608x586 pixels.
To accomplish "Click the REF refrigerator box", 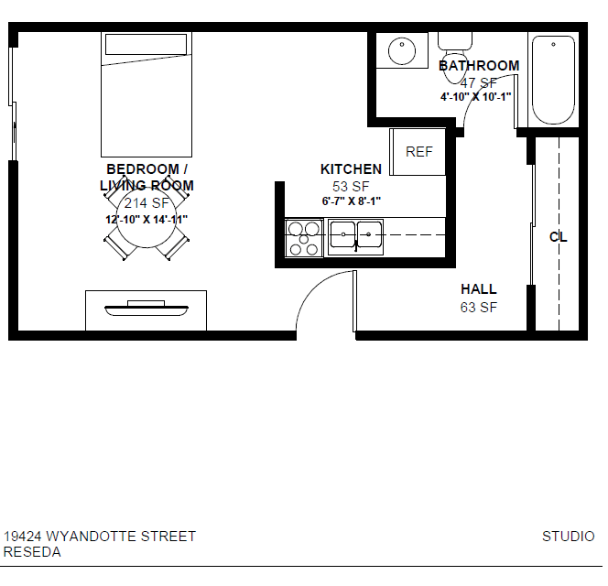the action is [x=418, y=152].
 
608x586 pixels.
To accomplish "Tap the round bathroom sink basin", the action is [x=402, y=50].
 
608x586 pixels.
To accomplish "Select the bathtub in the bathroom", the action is [x=553, y=80].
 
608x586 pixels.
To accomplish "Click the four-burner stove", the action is [x=304, y=238].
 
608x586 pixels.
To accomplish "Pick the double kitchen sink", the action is [x=355, y=237].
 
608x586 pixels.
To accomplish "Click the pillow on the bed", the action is [x=147, y=45].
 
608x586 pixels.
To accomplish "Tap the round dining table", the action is [x=147, y=218].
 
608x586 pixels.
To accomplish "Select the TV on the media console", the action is [x=147, y=309].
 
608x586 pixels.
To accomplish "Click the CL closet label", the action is [x=559, y=236].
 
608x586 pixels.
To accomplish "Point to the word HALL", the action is [x=479, y=289].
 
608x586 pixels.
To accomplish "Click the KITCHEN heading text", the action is [x=351, y=169].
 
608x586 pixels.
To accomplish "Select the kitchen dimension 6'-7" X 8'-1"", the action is [x=352, y=201].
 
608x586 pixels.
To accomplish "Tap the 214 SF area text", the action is [x=147, y=203].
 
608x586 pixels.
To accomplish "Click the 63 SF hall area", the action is [x=479, y=308].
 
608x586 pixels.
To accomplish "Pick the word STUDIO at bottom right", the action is [x=568, y=537].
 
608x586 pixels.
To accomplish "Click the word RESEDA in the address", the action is [x=32, y=552].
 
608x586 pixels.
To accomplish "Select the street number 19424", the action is [x=23, y=537].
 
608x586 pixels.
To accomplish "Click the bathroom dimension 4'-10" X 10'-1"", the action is [x=476, y=97].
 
